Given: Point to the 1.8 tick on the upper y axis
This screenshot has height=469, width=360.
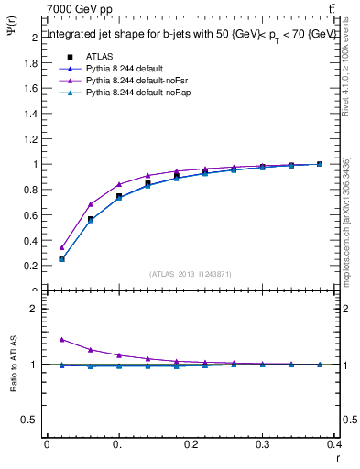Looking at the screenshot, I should [33, 63].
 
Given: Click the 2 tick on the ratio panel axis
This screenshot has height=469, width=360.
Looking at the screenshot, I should [35, 309].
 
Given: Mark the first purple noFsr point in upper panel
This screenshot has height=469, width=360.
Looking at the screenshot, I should [62, 247].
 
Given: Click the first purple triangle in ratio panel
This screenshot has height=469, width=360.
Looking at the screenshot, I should [62, 340].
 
